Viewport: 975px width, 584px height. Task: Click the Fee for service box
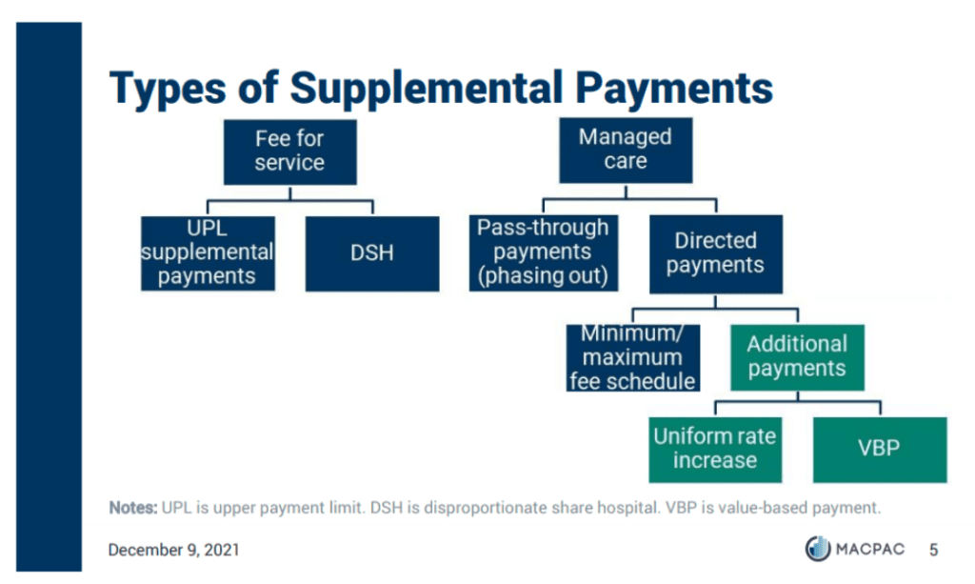tap(289, 151)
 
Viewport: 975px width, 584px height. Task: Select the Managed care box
tap(626, 150)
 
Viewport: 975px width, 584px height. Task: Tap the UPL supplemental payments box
tap(208, 253)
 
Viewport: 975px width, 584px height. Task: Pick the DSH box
tap(372, 253)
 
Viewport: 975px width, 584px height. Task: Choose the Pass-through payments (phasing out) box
tap(544, 252)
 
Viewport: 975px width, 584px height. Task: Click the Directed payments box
tap(716, 253)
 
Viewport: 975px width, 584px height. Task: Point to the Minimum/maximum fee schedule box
tap(633, 357)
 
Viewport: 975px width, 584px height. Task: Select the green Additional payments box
tap(797, 357)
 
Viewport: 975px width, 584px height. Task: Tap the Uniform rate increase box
tap(715, 449)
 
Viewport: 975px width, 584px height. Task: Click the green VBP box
tap(880, 449)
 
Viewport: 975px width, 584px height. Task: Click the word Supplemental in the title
tap(426, 89)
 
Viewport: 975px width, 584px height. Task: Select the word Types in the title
tap(168, 90)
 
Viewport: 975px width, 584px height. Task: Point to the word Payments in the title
tap(674, 89)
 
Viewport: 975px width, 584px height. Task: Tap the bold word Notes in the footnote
tap(133, 508)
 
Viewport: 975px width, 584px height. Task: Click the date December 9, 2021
tap(173, 550)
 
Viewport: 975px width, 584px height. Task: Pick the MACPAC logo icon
tap(818, 549)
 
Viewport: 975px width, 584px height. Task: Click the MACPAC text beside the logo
tap(870, 549)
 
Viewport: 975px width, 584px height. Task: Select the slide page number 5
tap(933, 550)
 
